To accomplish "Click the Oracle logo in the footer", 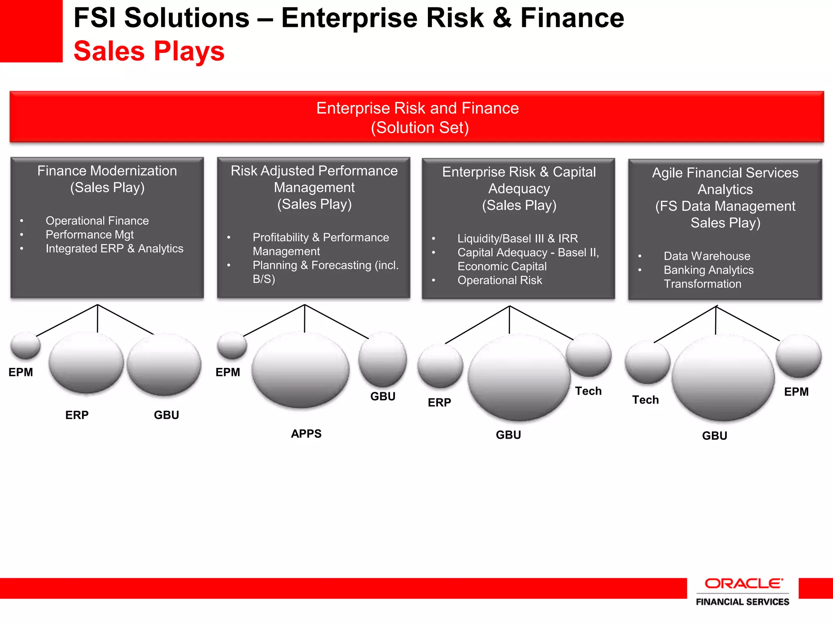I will (743, 584).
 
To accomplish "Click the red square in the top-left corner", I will (31, 31).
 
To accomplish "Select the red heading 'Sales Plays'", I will (149, 51).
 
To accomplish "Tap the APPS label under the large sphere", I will (306, 434).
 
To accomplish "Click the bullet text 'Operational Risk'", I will (499, 280).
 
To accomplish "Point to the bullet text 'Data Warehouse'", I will (707, 256).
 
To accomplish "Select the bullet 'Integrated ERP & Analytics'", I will (114, 249).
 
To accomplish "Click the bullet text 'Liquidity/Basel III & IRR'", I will (517, 238).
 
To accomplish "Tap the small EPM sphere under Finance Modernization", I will (25, 345).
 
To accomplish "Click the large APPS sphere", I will (300, 369).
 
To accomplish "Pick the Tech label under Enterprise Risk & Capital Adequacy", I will (588, 391).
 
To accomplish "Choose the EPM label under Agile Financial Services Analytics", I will (796, 392).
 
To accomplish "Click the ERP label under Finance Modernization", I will (77, 415).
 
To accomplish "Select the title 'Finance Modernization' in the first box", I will (107, 171).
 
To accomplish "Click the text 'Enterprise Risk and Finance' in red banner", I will (417, 108).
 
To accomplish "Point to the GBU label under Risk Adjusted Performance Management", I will (383, 396).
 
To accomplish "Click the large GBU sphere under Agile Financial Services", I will (723, 378).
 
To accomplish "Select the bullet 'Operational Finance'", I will (97, 221).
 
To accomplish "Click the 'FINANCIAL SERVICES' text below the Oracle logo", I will (742, 602).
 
